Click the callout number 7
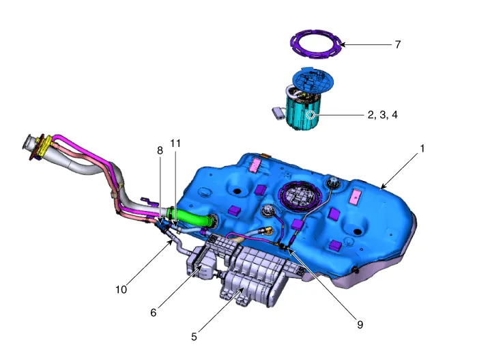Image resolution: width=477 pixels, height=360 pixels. tap(398, 44)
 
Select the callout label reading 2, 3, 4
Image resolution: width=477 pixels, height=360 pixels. tap(382, 115)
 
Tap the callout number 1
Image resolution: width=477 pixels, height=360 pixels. tap(422, 149)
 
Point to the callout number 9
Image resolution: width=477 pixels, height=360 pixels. tap(360, 324)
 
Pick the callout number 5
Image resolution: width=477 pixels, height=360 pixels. tap(194, 337)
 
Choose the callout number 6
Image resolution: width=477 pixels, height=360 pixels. tap(154, 312)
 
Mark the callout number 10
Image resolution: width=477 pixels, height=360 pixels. tap(121, 290)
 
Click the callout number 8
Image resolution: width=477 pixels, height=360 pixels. tap(160, 150)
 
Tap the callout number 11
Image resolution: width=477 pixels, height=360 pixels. tap(175, 143)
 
